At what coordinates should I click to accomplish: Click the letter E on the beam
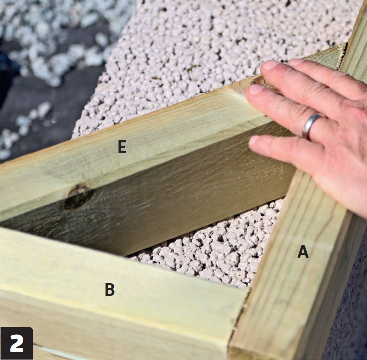click(x=122, y=147)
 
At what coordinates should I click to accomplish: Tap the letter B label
click(x=110, y=289)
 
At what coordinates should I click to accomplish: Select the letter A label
click(x=303, y=252)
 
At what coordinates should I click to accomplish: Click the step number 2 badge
click(x=17, y=343)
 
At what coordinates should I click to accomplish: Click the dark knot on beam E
click(x=79, y=196)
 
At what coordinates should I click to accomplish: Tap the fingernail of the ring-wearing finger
click(x=256, y=89)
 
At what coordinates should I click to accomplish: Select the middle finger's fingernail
click(x=269, y=65)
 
